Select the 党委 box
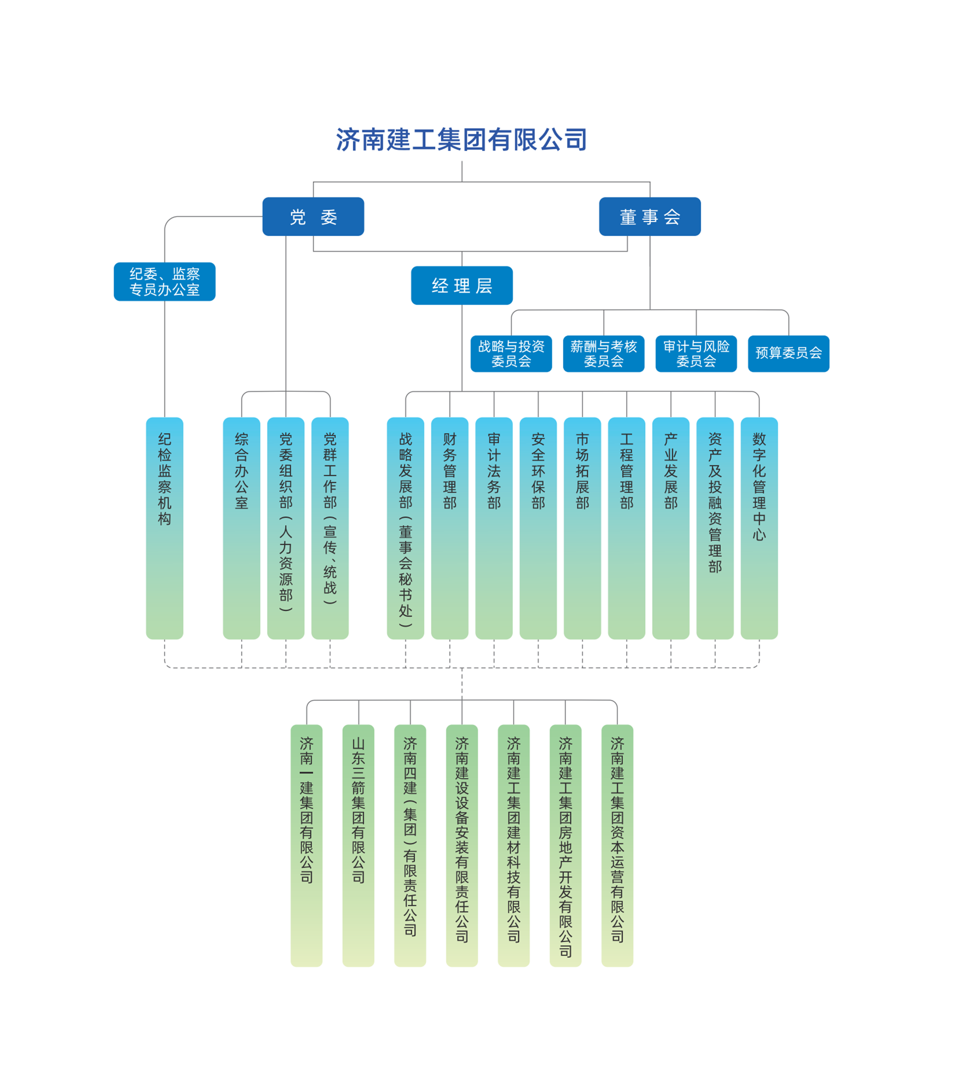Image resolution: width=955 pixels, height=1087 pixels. coord(313,217)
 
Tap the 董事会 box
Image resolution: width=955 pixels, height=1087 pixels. coord(649,217)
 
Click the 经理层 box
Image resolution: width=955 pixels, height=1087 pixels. coord(461,285)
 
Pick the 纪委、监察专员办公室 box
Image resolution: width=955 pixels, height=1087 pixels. coord(164,281)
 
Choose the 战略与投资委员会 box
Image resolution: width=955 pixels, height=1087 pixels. coord(511,353)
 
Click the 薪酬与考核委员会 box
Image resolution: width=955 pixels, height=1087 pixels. coord(603,353)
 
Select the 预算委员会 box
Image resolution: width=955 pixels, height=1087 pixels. coord(788,353)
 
